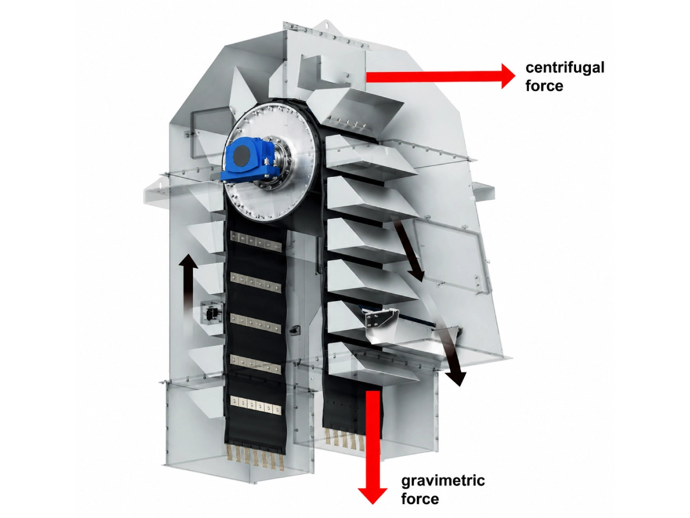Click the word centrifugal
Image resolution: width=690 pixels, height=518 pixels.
[565, 68]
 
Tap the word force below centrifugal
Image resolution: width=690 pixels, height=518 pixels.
[544, 86]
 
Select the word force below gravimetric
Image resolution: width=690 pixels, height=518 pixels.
[420, 499]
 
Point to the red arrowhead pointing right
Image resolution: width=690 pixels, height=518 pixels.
[507, 76]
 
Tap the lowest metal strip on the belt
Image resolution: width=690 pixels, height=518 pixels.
[255, 404]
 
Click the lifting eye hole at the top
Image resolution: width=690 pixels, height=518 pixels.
[326, 24]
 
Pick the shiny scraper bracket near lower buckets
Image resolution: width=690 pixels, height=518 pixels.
[381, 322]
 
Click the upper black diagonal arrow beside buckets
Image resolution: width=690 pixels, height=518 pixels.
[408, 248]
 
